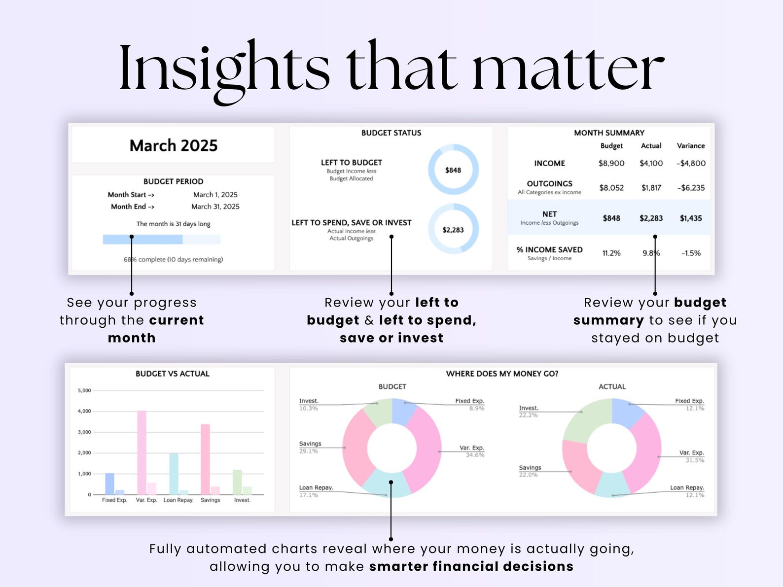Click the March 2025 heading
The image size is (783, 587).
(x=173, y=145)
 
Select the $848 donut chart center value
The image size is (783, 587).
(x=453, y=170)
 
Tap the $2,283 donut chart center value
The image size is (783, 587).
(x=453, y=230)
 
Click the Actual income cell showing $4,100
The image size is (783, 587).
(x=651, y=163)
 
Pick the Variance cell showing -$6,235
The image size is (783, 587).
(x=691, y=188)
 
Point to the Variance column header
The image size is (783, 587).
(x=690, y=146)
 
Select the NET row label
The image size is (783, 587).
(x=549, y=214)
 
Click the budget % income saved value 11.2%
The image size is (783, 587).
(x=611, y=253)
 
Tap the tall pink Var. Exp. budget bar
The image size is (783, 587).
(x=142, y=452)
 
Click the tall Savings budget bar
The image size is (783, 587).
(x=205, y=459)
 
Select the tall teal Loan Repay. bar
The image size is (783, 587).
(x=174, y=473)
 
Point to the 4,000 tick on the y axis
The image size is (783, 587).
(x=85, y=411)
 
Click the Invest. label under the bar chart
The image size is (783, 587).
(x=242, y=500)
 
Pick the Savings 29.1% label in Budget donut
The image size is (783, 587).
(x=310, y=447)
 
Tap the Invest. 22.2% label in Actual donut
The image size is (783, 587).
(x=529, y=411)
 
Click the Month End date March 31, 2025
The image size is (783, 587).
(x=215, y=207)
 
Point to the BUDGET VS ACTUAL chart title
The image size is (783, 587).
(x=173, y=374)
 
